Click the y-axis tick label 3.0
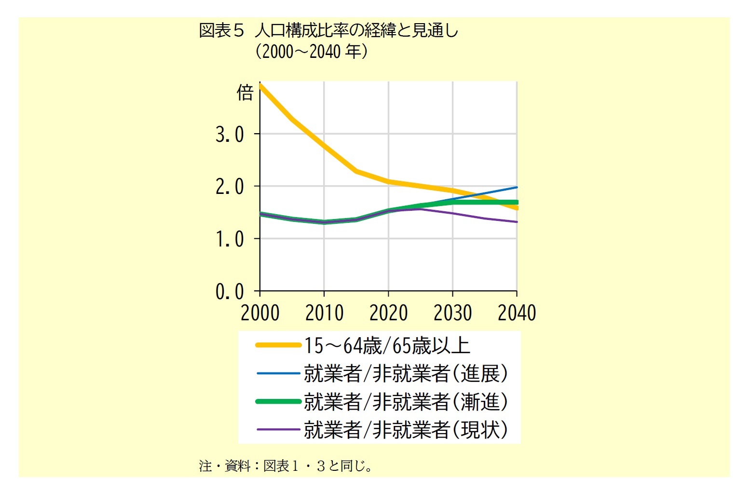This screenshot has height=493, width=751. click(x=230, y=135)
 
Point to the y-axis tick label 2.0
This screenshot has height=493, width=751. click(x=230, y=187)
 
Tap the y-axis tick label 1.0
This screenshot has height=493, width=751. click(x=230, y=239)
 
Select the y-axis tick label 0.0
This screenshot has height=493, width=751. click(x=230, y=292)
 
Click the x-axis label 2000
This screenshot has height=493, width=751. click(x=260, y=313)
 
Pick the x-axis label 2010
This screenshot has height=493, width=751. click(x=324, y=313)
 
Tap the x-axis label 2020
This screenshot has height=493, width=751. click(x=388, y=313)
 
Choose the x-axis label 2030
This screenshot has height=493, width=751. click(x=452, y=313)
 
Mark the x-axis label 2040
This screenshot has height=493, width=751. click(x=517, y=313)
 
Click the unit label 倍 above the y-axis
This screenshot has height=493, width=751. click(x=245, y=93)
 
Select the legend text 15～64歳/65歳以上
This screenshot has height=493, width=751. click(x=386, y=345)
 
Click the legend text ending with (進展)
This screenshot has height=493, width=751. click(x=406, y=373)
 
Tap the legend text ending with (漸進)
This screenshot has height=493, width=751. click(x=406, y=401)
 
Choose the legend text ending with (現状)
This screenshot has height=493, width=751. click(x=406, y=429)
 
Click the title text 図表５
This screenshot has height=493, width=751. click(x=222, y=31)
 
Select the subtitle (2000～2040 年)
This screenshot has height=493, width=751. click(x=311, y=51)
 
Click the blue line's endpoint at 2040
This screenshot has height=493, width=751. click(x=517, y=187)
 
